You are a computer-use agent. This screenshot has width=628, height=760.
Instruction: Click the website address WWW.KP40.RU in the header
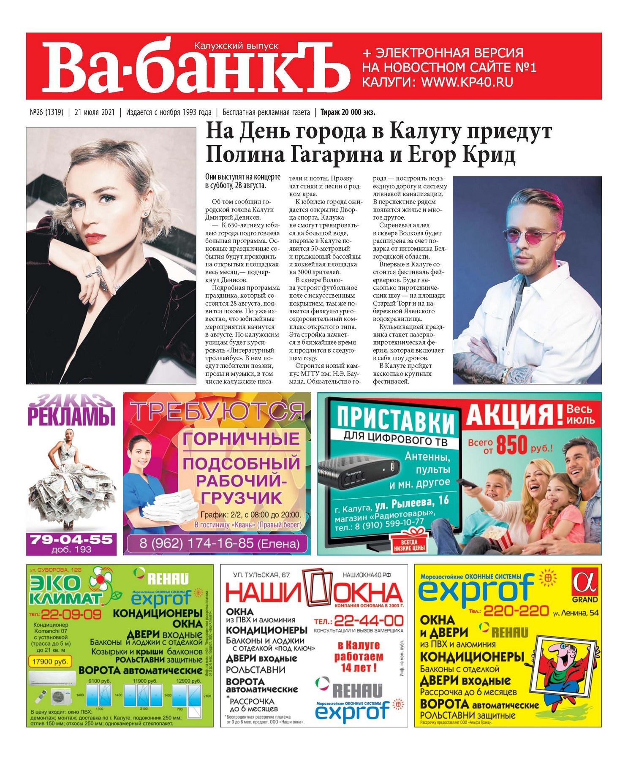pos(467,82)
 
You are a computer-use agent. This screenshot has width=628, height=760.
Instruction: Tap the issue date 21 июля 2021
pos(95,112)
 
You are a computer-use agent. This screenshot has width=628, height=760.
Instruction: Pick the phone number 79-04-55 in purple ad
pos(71,539)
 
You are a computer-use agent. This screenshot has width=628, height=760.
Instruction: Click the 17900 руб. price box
pos(50,662)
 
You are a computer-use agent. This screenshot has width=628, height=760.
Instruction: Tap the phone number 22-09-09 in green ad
pos(71,614)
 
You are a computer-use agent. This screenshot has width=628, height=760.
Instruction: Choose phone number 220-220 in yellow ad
pos(516,611)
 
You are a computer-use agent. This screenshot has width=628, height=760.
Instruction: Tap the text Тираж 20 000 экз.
pos(348,112)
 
